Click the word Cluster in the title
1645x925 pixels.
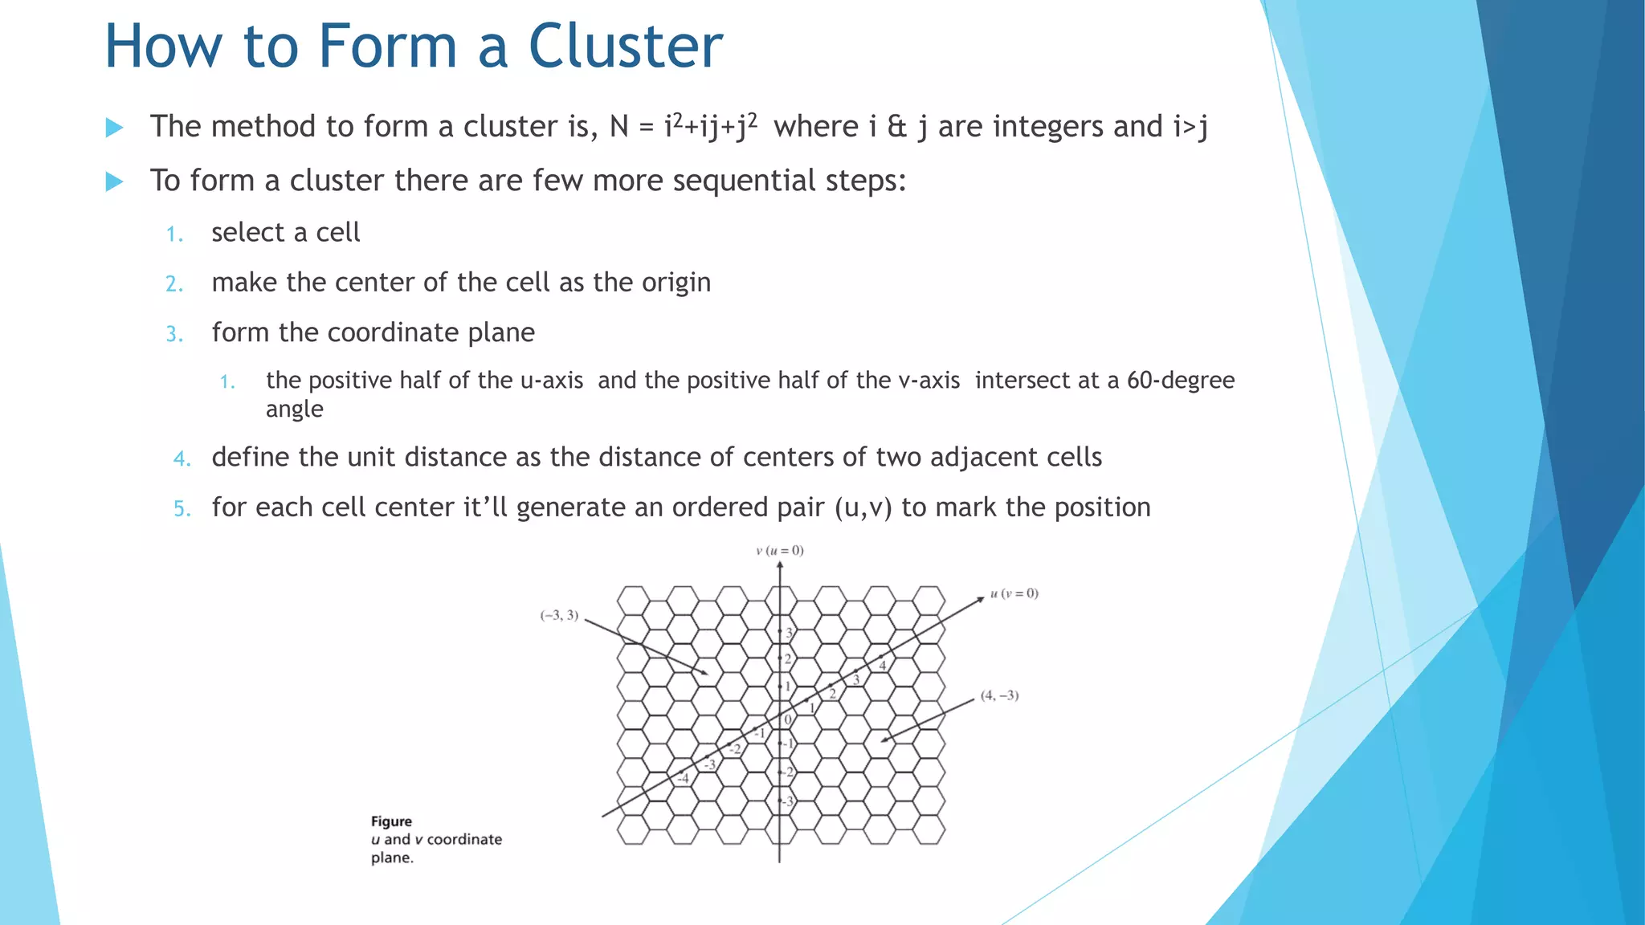point(625,47)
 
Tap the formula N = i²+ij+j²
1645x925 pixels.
point(683,127)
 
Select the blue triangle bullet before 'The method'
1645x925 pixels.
point(114,128)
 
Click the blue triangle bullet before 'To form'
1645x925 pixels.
point(114,181)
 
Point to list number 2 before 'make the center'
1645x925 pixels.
point(174,284)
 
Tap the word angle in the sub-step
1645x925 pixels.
point(294,410)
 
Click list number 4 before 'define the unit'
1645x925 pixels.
point(182,459)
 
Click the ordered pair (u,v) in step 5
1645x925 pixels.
point(863,507)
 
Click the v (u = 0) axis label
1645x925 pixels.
point(779,551)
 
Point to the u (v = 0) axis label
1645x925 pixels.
point(1014,593)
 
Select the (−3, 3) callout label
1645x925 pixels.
point(559,616)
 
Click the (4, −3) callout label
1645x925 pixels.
point(999,695)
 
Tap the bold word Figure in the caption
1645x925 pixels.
point(391,821)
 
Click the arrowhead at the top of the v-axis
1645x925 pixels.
point(780,565)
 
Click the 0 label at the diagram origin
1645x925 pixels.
point(787,719)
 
